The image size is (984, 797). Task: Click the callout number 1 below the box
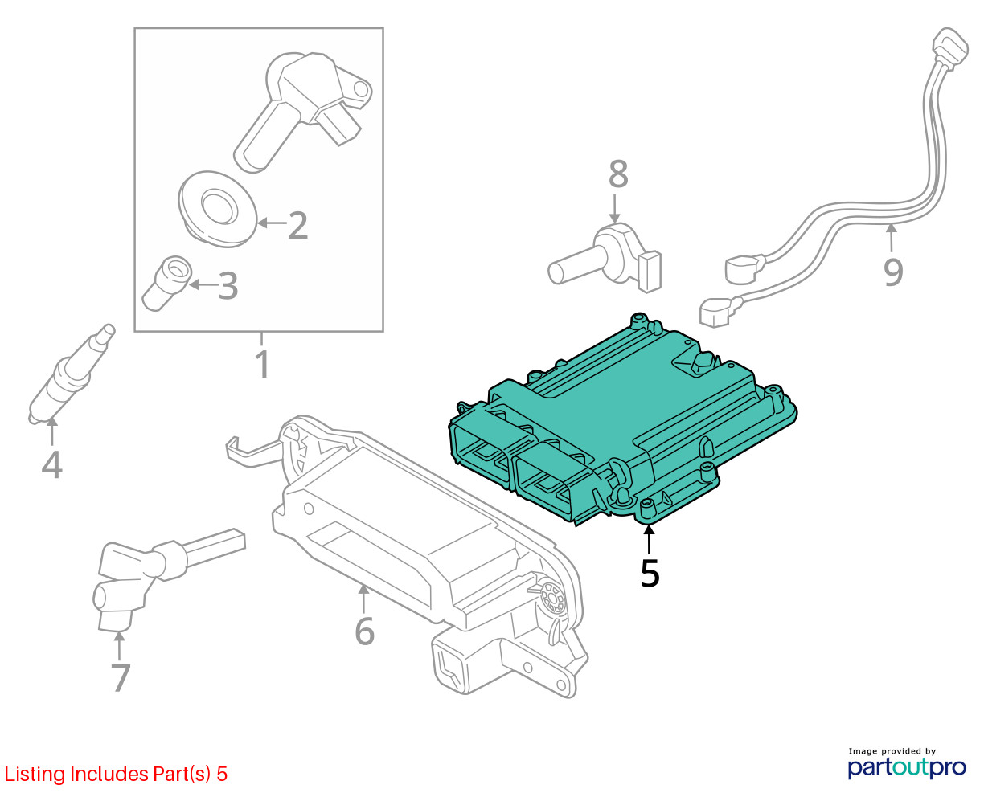[x=262, y=364]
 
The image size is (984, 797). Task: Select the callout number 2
[x=297, y=226]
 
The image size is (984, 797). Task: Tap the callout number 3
[x=228, y=285]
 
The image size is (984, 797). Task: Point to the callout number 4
[x=51, y=464]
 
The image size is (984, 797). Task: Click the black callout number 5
[x=650, y=573]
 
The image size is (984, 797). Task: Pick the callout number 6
[x=364, y=631]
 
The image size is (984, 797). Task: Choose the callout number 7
[x=120, y=677]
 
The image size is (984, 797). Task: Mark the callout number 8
[x=617, y=174]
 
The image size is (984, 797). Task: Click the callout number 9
[x=893, y=272]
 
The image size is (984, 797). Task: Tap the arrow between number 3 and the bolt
[x=203, y=284]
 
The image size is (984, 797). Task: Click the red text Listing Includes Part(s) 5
[x=116, y=775]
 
